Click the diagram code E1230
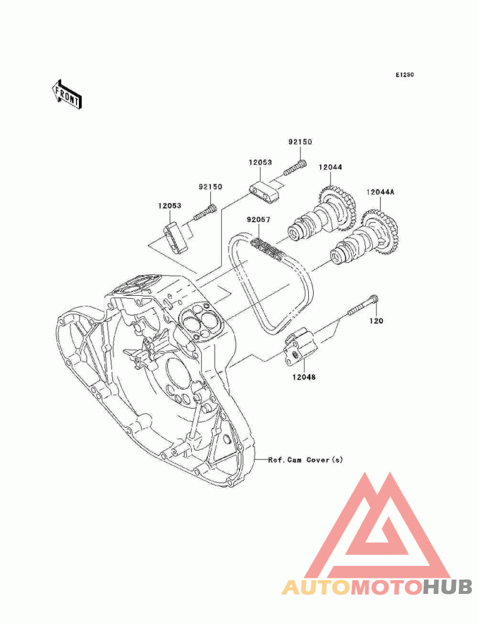(405, 75)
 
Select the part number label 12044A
(380, 192)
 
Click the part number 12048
(304, 377)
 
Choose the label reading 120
(375, 321)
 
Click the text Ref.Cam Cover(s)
(305, 459)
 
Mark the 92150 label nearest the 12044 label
(300, 142)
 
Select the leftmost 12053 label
(170, 206)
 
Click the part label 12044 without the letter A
(330, 167)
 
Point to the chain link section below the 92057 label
(266, 247)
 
